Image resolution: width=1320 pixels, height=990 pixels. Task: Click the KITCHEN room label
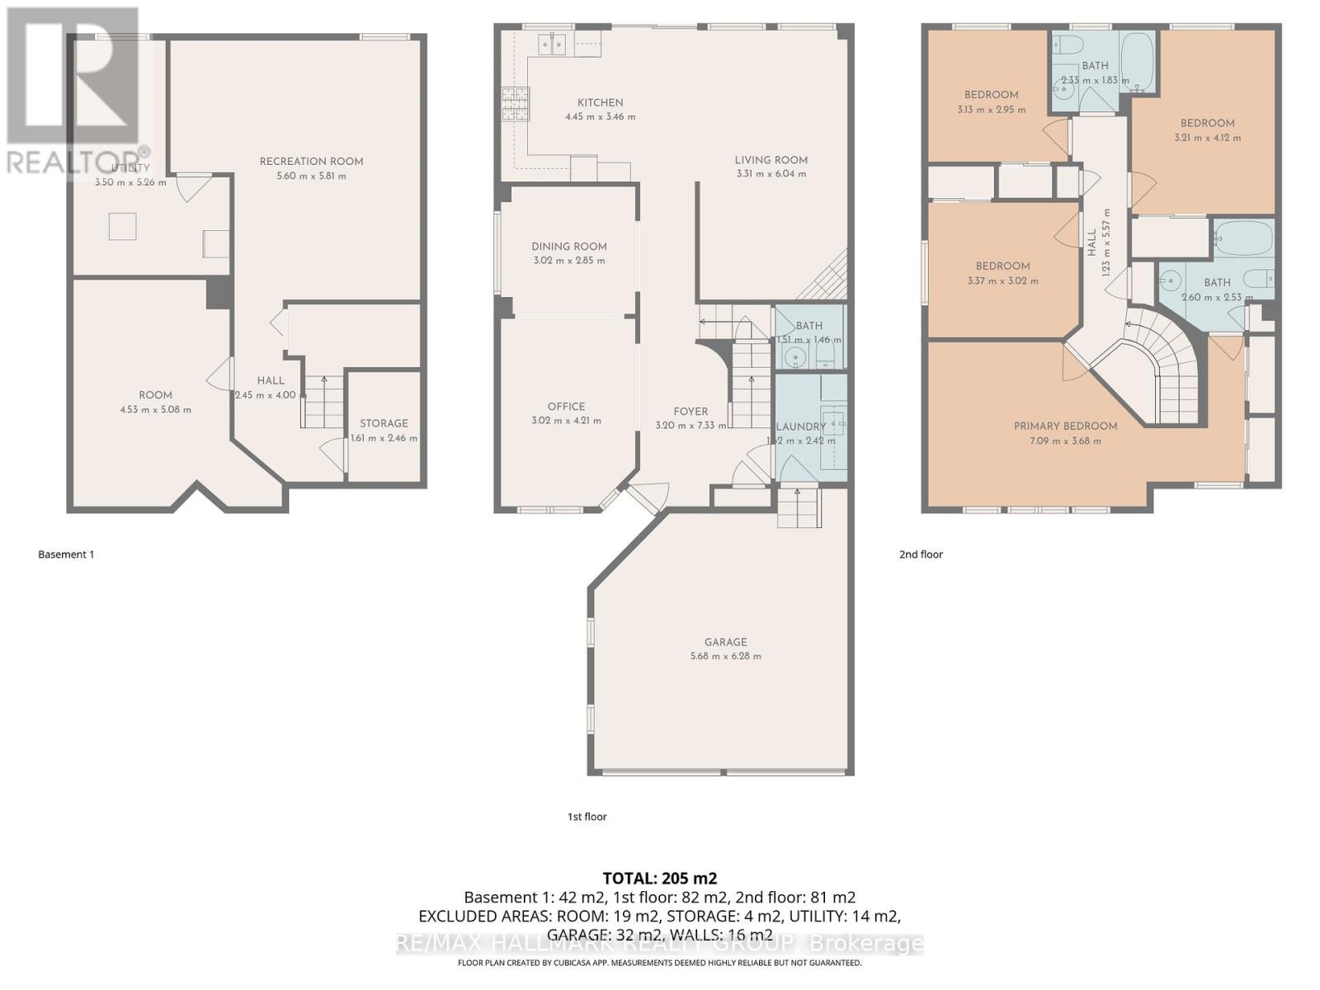[600, 102]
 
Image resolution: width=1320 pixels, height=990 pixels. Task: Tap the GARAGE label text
[725, 642]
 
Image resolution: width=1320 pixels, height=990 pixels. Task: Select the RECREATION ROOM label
[311, 162]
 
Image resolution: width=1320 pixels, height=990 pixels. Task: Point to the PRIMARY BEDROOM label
[1065, 426]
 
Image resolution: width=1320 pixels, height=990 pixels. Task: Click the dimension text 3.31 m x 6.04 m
[771, 174]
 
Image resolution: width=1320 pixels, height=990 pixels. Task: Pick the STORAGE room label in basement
[384, 423]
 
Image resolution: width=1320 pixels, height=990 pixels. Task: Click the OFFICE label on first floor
[566, 407]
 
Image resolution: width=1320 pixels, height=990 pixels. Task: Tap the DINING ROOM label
[568, 247]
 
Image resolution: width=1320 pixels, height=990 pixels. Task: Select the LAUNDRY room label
[800, 427]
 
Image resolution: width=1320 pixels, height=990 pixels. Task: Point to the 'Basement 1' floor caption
[66, 554]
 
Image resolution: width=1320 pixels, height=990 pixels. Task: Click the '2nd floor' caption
[921, 554]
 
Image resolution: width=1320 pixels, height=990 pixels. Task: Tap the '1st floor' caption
[587, 817]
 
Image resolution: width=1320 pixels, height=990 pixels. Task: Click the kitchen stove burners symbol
[516, 104]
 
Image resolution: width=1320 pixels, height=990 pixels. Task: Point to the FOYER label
[691, 412]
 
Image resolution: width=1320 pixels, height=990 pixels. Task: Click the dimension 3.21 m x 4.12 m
[1207, 138]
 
